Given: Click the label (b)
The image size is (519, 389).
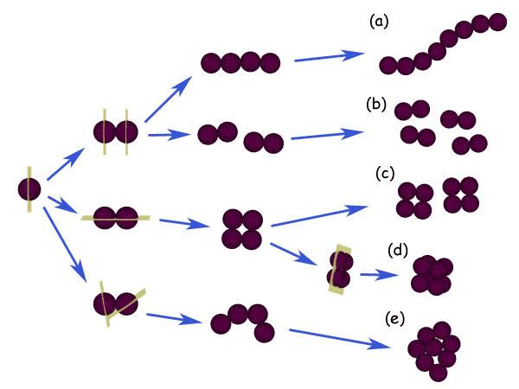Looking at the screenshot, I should point(375,105).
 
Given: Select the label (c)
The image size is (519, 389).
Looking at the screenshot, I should point(386,173).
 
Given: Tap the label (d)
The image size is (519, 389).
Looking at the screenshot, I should point(398,251).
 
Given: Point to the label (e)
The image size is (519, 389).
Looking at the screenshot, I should point(394,319).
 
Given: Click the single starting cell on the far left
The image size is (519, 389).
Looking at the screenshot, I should point(29,189).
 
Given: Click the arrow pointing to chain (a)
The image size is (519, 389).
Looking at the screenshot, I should point(328,57).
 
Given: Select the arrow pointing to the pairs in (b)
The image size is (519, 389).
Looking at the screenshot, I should point(326,135).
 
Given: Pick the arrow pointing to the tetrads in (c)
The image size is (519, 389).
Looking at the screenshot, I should point(320,215).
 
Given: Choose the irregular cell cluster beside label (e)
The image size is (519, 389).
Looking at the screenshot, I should point(433,351).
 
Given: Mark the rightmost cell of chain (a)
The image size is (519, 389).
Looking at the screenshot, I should point(497,22).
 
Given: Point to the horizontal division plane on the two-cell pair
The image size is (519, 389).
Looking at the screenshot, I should point(116,218).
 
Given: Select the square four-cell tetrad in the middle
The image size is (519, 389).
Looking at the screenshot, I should point(241,229).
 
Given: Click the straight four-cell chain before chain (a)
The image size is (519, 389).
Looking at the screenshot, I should point(240,62).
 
